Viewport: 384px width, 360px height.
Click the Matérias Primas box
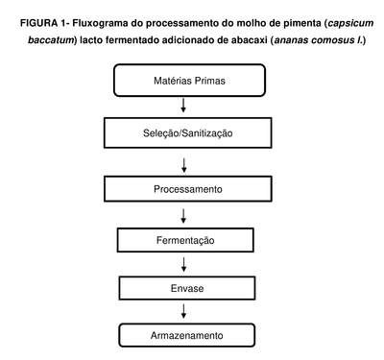tap(189, 81)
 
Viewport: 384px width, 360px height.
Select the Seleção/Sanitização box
tap(188, 132)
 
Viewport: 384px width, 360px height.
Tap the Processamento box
tap(188, 189)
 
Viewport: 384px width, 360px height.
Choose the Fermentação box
tap(185, 240)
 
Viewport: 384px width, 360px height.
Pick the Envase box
tap(187, 288)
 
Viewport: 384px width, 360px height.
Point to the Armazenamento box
tap(187, 335)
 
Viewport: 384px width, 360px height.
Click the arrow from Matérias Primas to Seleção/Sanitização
tap(183, 106)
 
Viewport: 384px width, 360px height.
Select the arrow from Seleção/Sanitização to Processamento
tap(184, 165)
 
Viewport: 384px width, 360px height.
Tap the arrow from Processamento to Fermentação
tap(183, 216)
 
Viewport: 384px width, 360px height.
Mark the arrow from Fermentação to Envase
tap(183, 264)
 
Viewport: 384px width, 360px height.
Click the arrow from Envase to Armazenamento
tap(183, 311)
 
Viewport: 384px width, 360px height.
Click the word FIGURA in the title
tap(38, 23)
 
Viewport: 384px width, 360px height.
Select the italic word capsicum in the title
tap(350, 24)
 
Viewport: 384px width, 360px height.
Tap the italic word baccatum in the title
tap(51, 40)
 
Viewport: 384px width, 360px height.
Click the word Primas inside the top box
tap(210, 81)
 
